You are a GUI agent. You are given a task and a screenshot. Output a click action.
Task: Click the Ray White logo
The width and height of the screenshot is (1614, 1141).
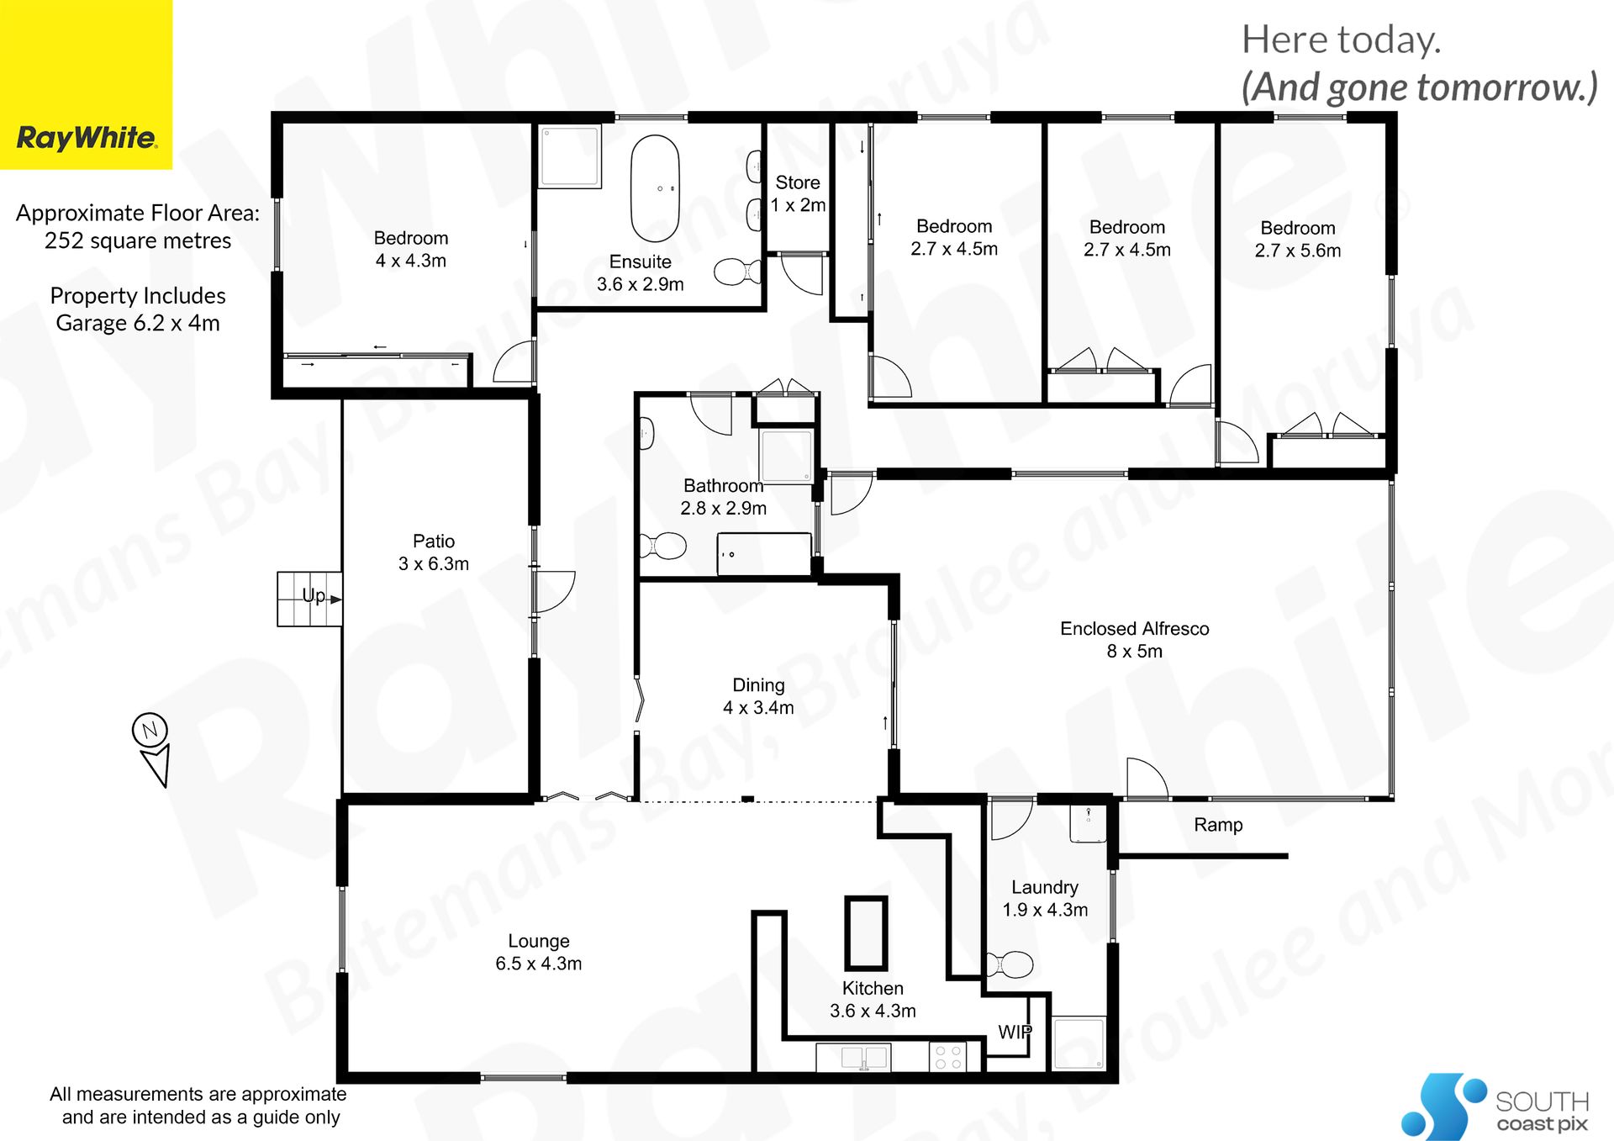coord(86,84)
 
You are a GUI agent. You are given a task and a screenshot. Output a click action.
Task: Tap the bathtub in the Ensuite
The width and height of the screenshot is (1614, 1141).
coord(655,188)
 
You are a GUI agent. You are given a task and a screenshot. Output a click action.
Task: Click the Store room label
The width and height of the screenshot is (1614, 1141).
coord(798,193)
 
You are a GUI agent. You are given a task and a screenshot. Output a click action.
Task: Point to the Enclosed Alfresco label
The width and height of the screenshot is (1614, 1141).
coord(1134,640)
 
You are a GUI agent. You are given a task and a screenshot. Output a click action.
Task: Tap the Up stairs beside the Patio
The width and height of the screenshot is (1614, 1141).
coord(309,599)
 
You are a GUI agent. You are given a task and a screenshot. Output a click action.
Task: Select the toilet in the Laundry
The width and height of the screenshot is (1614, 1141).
coord(1009,964)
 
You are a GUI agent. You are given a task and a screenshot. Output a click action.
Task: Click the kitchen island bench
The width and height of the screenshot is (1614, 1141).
coord(866,933)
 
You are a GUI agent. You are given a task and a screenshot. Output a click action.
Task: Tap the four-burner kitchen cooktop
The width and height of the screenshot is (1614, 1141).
coord(948,1057)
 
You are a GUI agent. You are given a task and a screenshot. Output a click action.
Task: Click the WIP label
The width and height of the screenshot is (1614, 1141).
coord(1015,1032)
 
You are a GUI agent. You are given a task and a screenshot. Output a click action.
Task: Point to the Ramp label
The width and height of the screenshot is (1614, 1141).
coord(1218,825)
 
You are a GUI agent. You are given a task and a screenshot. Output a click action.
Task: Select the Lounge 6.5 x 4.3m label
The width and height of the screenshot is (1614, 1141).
coord(539,953)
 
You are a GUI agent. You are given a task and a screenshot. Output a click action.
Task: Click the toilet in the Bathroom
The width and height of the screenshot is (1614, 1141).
coord(663,546)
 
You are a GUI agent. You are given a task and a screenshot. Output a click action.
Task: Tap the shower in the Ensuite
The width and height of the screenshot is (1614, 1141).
coord(570,156)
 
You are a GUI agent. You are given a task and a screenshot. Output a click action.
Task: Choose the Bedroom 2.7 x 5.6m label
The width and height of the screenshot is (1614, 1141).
coord(1298,239)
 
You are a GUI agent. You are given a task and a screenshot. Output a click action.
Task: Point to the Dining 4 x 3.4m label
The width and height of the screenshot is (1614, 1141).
coord(758,696)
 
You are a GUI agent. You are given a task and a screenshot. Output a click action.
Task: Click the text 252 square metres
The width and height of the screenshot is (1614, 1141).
coord(138,241)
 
